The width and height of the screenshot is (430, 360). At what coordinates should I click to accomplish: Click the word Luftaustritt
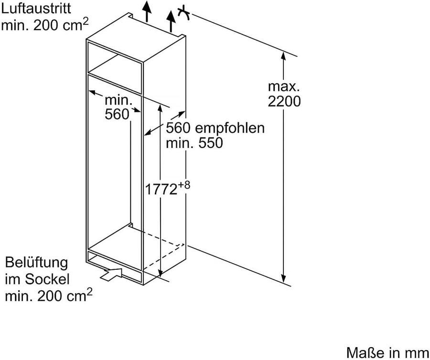click(x=36, y=8)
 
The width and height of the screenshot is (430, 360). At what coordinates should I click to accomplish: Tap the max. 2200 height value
click(x=284, y=94)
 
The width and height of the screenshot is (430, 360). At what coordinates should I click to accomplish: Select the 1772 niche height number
click(x=161, y=190)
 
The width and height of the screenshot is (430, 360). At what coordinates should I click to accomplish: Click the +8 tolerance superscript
click(x=184, y=185)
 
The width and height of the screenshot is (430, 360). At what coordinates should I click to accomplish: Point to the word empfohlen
click(x=230, y=128)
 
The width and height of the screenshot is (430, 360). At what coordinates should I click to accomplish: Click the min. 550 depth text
click(x=194, y=143)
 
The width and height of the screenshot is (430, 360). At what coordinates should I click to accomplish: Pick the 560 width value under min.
click(x=117, y=114)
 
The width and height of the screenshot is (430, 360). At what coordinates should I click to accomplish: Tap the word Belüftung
click(x=36, y=263)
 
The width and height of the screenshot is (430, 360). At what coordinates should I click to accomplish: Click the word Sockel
click(x=47, y=279)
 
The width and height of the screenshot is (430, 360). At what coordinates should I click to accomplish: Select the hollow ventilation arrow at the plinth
click(x=111, y=274)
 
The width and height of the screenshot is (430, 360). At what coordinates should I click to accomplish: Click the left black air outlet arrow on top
click(x=147, y=11)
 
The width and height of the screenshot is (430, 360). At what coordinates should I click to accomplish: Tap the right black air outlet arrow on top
click(x=171, y=21)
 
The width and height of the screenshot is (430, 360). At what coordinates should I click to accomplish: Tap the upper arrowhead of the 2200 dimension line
click(x=283, y=56)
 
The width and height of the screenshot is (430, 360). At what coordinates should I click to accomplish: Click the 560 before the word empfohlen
click(x=178, y=128)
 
